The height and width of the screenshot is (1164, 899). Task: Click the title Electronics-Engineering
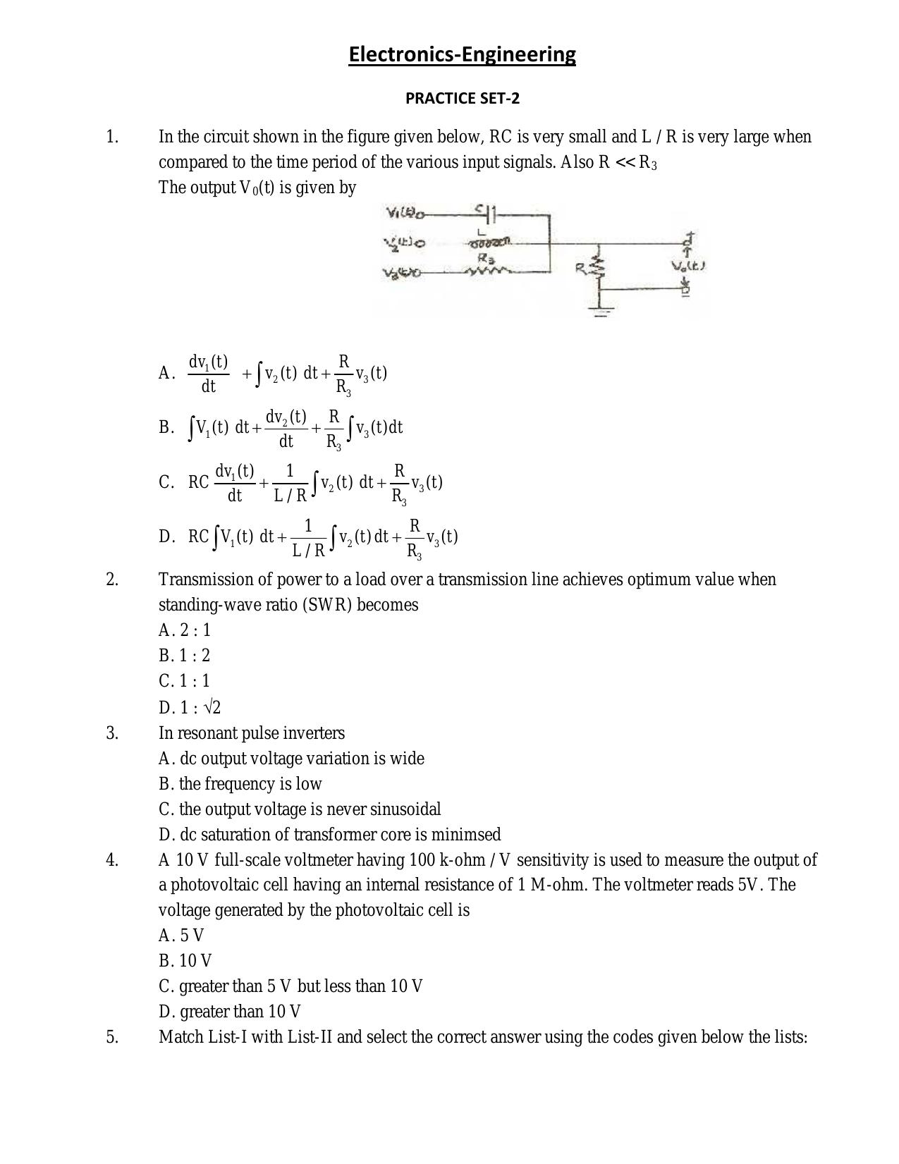462,54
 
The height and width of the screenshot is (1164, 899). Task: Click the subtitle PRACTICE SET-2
462,99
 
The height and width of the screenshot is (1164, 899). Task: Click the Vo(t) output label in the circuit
688,267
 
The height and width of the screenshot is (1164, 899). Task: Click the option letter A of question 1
166,373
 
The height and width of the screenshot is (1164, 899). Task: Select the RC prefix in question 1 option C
198,482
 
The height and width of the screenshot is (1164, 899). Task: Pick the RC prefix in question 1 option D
198,537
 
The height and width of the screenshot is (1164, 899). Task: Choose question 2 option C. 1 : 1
185,681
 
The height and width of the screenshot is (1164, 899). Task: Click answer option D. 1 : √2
190,707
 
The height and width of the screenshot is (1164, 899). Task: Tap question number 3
112,733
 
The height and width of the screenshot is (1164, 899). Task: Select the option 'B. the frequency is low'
240,784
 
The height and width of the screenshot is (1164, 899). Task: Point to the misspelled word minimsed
466,835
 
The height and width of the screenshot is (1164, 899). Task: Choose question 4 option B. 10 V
185,961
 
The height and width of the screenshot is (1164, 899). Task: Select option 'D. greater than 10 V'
230,1012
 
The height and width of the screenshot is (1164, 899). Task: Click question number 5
112,1037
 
